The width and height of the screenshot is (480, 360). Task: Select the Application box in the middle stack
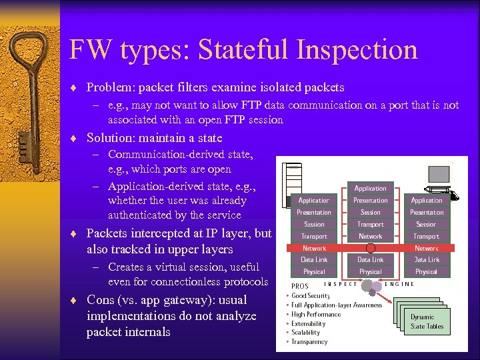tap(370, 188)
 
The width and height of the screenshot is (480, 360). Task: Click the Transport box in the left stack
tap(314, 236)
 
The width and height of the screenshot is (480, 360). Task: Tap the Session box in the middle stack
tap(370, 212)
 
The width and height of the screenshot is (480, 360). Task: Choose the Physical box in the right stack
tap(426, 271)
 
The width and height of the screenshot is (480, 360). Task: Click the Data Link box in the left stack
tap(314, 259)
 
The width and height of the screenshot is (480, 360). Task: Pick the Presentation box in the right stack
tap(426, 212)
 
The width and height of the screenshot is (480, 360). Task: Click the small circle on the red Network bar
tap(371, 248)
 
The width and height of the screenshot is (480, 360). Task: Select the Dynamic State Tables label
tap(427, 321)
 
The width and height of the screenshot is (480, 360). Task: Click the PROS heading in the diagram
tap(299, 285)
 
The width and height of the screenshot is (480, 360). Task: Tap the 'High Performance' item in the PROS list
tap(316, 314)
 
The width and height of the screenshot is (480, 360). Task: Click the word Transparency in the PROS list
tap(310, 342)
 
